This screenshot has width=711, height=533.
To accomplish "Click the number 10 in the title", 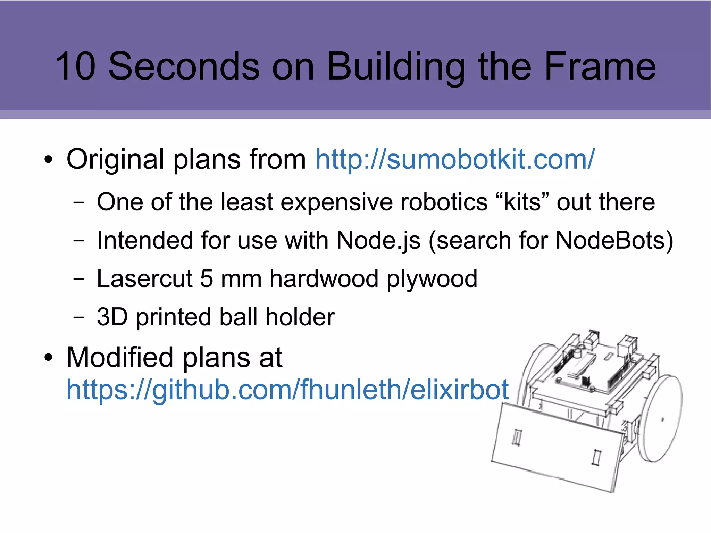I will (x=75, y=66).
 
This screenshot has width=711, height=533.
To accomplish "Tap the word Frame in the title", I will (x=600, y=66).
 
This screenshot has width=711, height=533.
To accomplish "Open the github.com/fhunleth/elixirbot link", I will (x=287, y=390).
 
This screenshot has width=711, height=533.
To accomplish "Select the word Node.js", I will (x=379, y=240).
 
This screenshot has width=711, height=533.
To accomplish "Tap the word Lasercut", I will (x=144, y=278).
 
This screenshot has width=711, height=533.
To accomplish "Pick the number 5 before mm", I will (x=206, y=278).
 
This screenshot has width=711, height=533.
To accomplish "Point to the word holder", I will (x=300, y=317).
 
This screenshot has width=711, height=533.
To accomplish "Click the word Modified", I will (x=120, y=358).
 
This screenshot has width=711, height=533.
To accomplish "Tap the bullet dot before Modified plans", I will (x=48, y=358).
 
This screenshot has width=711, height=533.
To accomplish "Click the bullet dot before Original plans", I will (x=48, y=160).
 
